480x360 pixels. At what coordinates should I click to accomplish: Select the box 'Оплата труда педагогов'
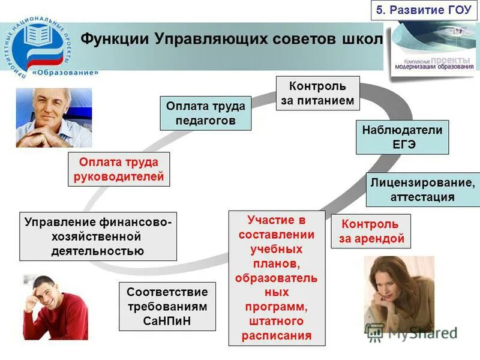click(205, 113)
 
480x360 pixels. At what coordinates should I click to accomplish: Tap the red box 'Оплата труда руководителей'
click(118, 169)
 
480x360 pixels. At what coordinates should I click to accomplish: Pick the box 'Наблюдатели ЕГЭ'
click(402, 137)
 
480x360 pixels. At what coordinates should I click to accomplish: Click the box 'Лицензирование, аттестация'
click(422, 189)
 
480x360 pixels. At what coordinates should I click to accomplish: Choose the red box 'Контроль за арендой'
click(370, 231)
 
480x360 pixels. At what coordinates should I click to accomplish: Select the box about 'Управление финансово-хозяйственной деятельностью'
click(98, 236)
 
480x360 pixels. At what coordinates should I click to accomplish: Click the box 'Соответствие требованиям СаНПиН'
click(167, 306)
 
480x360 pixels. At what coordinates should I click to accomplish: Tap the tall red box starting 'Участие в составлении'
click(277, 277)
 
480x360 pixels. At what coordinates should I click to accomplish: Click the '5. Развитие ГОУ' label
click(424, 10)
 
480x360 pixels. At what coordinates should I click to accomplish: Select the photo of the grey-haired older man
click(54, 118)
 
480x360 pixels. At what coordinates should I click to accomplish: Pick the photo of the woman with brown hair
click(398, 294)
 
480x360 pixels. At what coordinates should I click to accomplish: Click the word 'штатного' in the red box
click(277, 322)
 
